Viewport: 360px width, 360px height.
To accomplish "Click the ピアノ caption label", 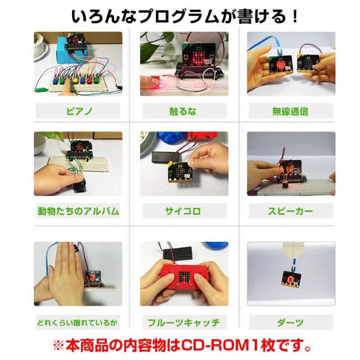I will (78, 111).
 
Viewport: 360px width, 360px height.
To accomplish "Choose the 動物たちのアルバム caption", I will (78, 211).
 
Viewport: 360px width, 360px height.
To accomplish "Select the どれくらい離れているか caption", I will (78, 322).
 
